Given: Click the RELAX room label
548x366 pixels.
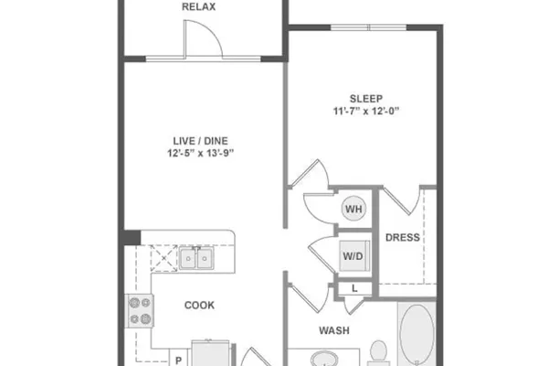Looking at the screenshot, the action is [x=198, y=7].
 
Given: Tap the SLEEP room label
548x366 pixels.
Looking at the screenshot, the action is [x=366, y=99].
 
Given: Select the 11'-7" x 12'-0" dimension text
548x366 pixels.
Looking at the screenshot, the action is [x=366, y=111].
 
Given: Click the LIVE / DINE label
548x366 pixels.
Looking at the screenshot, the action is [x=200, y=141].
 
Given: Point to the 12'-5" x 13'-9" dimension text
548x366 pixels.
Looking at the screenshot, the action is [x=200, y=153].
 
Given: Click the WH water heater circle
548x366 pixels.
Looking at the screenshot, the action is [x=353, y=209].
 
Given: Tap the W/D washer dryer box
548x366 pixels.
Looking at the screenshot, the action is [x=354, y=255].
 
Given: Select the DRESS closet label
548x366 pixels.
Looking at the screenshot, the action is [x=403, y=238].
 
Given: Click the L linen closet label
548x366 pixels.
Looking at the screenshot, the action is [x=354, y=288].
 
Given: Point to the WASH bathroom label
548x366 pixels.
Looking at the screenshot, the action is [x=334, y=330].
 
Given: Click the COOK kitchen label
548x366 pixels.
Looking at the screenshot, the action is [x=199, y=306].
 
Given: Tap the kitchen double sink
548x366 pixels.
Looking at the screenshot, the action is [x=196, y=258].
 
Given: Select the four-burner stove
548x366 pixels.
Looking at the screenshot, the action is [x=140, y=311].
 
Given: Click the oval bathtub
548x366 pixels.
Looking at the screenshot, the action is [x=416, y=335].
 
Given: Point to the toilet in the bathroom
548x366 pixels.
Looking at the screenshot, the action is [x=378, y=353].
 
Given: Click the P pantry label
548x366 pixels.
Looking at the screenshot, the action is [x=178, y=360].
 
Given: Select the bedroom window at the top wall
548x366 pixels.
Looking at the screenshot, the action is [x=369, y=27].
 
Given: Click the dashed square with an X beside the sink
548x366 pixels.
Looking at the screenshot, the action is [x=163, y=258].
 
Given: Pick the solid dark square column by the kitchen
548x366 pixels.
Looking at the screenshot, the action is [x=132, y=238].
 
